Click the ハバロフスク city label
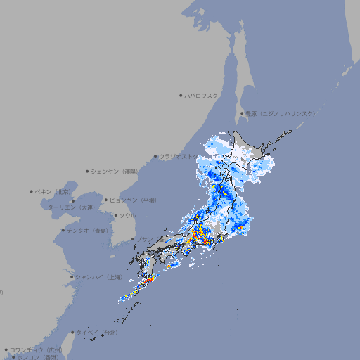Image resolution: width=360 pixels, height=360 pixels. [202, 95]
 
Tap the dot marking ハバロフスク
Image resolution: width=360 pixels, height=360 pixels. [181, 95]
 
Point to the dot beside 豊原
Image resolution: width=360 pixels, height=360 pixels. [242, 113]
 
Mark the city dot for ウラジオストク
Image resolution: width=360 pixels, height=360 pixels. [155, 156]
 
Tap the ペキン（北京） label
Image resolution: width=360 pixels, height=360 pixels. [53, 191]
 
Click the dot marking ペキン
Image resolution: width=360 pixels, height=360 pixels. [32, 191]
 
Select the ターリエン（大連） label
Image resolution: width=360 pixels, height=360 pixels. [71, 207]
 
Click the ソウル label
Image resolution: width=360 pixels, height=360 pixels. [127, 215]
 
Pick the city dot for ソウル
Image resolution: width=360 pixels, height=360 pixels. [115, 215]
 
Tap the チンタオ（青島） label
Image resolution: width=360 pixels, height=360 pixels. [86, 230]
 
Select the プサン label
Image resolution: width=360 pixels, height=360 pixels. [144, 240]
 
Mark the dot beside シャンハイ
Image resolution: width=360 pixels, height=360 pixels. [72, 277]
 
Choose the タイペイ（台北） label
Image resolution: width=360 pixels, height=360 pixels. [96, 333]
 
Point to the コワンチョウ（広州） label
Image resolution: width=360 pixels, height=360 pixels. [35, 349]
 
